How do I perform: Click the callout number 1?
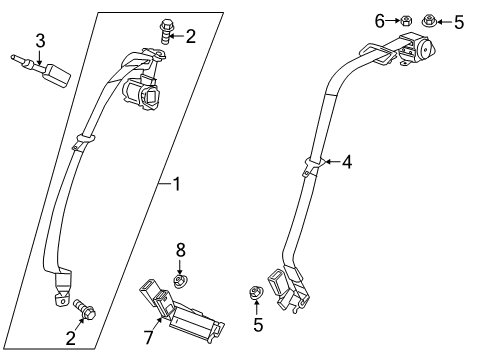pyautogui.click(x=177, y=184)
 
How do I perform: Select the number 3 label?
pyautogui.click(x=40, y=41)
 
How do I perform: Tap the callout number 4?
pyautogui.click(x=347, y=162)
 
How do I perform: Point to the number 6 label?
pyautogui.click(x=380, y=21)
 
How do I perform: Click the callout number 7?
pyautogui.click(x=148, y=337)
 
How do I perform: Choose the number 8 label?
pyautogui.click(x=180, y=250)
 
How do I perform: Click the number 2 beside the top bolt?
pyautogui.click(x=190, y=36)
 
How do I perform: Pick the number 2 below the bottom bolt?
pyautogui.click(x=71, y=338)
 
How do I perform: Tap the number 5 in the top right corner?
pyautogui.click(x=459, y=22)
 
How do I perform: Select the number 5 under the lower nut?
pyautogui.click(x=258, y=325)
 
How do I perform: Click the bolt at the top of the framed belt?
pyautogui.click(x=166, y=32)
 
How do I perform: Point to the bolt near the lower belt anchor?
pyautogui.click(x=84, y=309)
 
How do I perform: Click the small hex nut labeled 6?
pyautogui.click(x=405, y=21)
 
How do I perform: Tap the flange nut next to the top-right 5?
pyautogui.click(x=429, y=21)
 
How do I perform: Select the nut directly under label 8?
pyautogui.click(x=181, y=280)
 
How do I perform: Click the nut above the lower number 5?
pyautogui.click(x=257, y=293)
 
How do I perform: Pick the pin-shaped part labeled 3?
pyautogui.click(x=41, y=70)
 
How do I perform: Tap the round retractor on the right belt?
pyautogui.click(x=426, y=48)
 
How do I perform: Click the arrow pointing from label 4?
pyautogui.click(x=332, y=162)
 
